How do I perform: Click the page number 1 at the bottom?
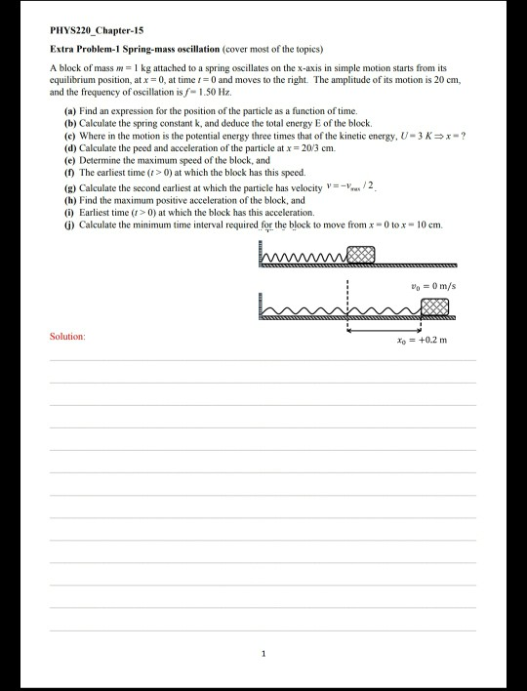pos(263,653)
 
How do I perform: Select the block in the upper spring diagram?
pos(360,255)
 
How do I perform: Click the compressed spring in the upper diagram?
pos(304,257)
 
